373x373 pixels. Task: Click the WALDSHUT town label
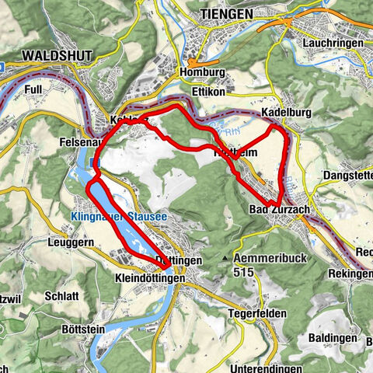click(58, 56)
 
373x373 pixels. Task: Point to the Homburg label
click(204, 72)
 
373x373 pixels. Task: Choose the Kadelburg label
click(286, 113)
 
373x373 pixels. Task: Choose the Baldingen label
click(333, 338)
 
